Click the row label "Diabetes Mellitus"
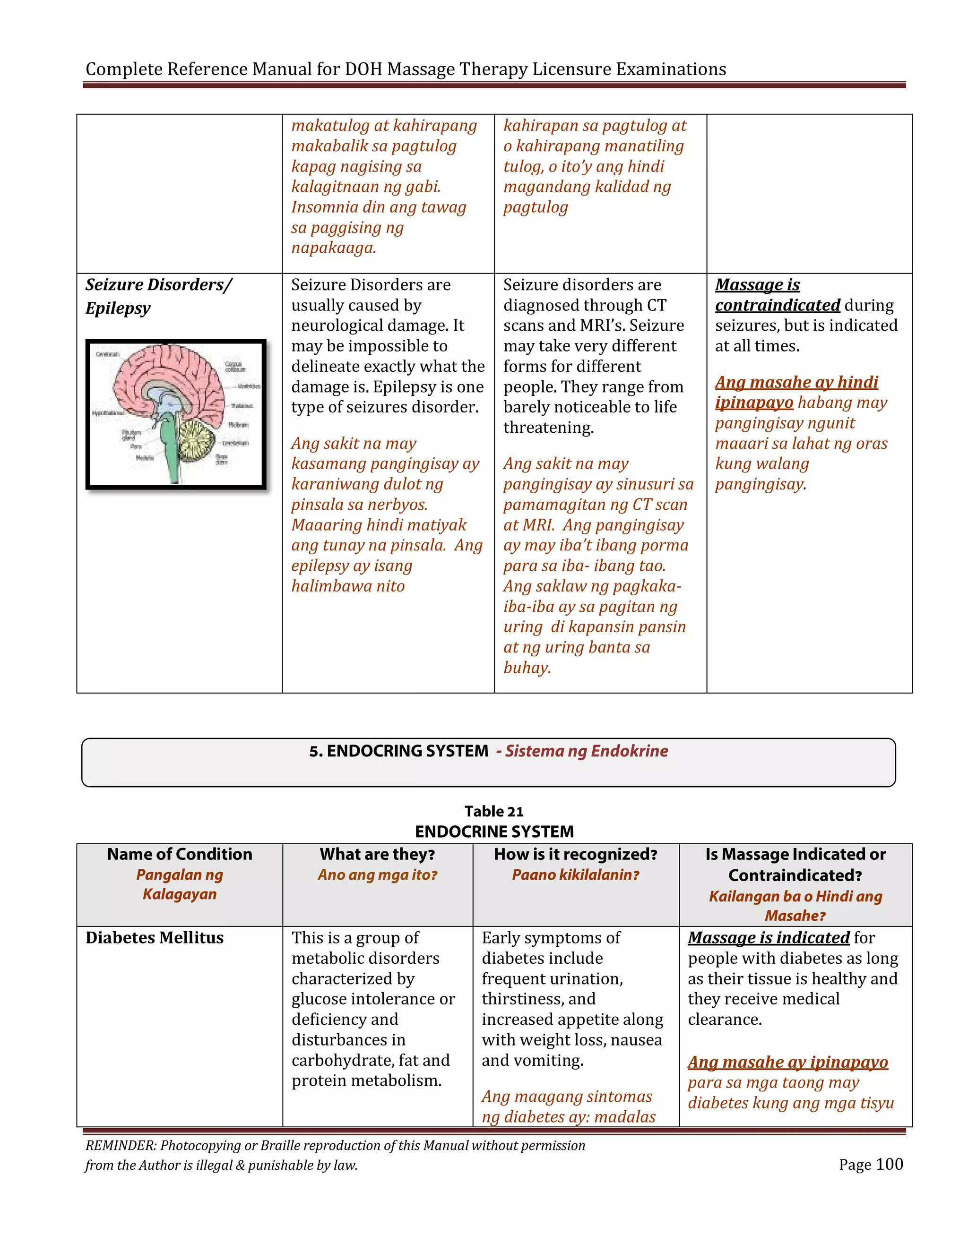[x=154, y=937]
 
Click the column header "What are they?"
[x=377, y=854]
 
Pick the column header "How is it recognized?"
[x=575, y=854]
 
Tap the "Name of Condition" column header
[x=180, y=854]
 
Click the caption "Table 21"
[x=494, y=811]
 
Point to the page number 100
[x=890, y=1164]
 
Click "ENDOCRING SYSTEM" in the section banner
[x=407, y=751]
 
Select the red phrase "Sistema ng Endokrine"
[x=586, y=751]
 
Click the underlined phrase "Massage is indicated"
[x=769, y=937]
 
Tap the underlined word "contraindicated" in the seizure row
[x=777, y=305]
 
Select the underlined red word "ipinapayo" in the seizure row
[x=753, y=403]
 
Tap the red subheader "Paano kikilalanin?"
[x=575, y=875]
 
